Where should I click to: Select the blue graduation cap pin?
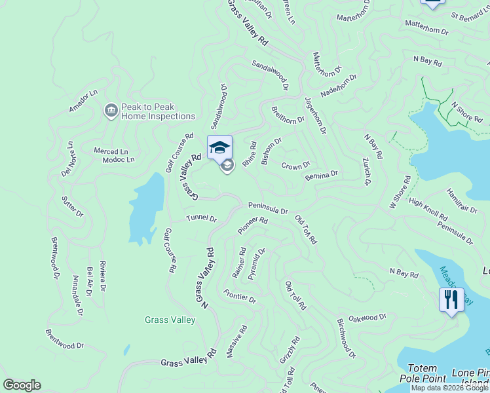click(220, 147)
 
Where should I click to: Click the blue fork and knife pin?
click(451, 300)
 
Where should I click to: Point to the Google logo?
click(22, 385)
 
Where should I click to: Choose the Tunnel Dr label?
click(201, 218)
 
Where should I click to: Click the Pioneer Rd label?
click(253, 226)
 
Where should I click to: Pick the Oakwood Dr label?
click(367, 318)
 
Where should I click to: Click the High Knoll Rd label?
click(428, 209)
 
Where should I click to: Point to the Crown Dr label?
click(295, 166)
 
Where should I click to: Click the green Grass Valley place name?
click(170, 320)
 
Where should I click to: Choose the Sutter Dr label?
click(73, 206)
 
